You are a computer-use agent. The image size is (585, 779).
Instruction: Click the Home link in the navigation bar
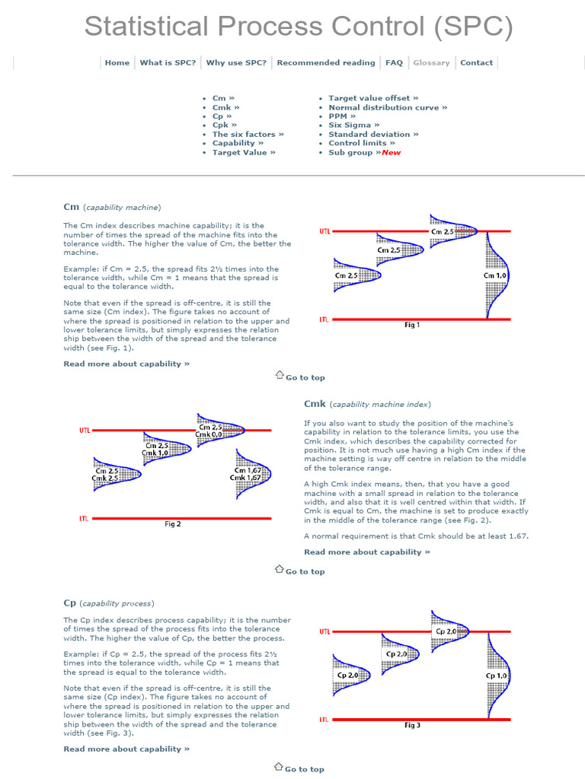pos(117,62)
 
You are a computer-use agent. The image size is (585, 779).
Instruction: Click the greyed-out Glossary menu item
pos(431,62)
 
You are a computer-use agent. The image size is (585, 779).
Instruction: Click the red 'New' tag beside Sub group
pos(391,152)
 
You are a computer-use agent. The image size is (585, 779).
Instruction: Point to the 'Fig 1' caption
pos(411,325)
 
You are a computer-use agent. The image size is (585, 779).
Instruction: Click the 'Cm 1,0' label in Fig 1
pos(495,275)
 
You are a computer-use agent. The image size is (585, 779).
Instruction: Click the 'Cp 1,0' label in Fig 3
pos(497,676)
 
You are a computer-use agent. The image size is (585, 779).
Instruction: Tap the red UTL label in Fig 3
pos(325,631)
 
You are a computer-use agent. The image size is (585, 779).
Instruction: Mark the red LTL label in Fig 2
pos(84,519)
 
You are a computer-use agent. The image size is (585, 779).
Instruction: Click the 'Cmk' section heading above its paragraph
pos(315,404)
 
